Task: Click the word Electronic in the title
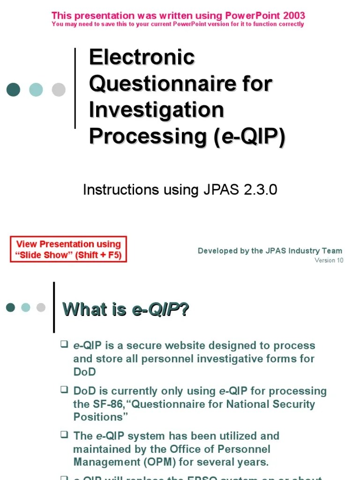click(142, 58)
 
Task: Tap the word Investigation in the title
click(156, 110)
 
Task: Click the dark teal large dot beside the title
click(13, 90)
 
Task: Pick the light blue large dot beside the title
click(36, 90)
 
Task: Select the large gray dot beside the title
click(59, 90)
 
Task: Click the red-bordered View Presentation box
click(68, 249)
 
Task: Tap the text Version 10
click(329, 260)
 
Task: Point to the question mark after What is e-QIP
click(184, 309)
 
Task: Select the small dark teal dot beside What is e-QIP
click(10, 307)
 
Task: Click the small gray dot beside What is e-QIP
click(41, 307)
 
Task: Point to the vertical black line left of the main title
click(75, 88)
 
